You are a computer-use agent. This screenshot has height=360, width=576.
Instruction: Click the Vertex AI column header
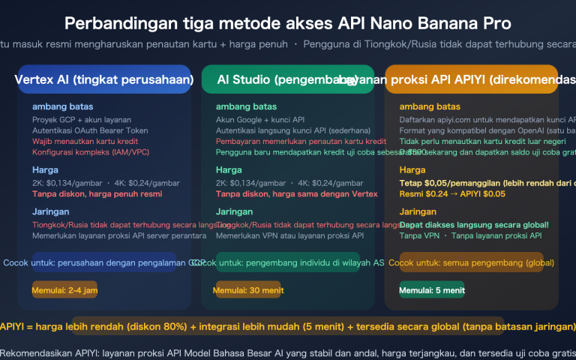tap(103, 79)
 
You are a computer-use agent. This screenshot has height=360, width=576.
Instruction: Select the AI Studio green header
tap(287, 79)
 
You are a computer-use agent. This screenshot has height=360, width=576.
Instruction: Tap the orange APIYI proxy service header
tap(471, 79)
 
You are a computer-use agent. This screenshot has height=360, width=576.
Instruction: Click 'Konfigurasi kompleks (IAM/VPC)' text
tap(91, 152)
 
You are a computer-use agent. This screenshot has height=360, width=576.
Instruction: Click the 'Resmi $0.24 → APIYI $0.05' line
tap(452, 194)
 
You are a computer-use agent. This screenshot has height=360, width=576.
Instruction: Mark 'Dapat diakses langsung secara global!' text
tap(474, 224)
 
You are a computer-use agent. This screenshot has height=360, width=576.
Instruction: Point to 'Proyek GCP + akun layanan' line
tap(79, 118)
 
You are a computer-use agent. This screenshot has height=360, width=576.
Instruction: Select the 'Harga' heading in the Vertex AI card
tap(45, 169)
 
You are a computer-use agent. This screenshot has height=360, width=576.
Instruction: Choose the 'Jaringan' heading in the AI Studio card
tap(234, 211)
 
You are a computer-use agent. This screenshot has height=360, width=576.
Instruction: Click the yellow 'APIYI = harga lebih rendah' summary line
tap(288, 327)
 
